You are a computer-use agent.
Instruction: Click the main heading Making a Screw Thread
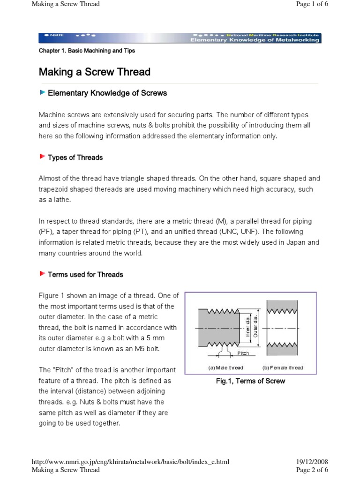click(x=94, y=72)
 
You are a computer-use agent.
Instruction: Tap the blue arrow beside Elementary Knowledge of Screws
click(x=42, y=92)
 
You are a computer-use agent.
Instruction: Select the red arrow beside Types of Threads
click(x=42, y=157)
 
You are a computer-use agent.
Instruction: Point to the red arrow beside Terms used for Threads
click(x=42, y=274)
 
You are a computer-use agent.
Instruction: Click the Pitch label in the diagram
click(x=243, y=353)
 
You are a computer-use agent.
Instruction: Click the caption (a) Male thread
click(x=226, y=367)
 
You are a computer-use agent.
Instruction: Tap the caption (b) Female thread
click(x=282, y=367)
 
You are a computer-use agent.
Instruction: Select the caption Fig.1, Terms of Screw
click(x=250, y=381)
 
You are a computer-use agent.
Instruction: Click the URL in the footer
click(x=130, y=462)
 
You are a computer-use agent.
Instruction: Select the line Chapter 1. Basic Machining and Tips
click(x=87, y=51)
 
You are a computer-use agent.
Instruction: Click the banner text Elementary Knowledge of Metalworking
click(x=255, y=40)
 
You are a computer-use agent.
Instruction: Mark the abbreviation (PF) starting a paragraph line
click(x=46, y=232)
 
